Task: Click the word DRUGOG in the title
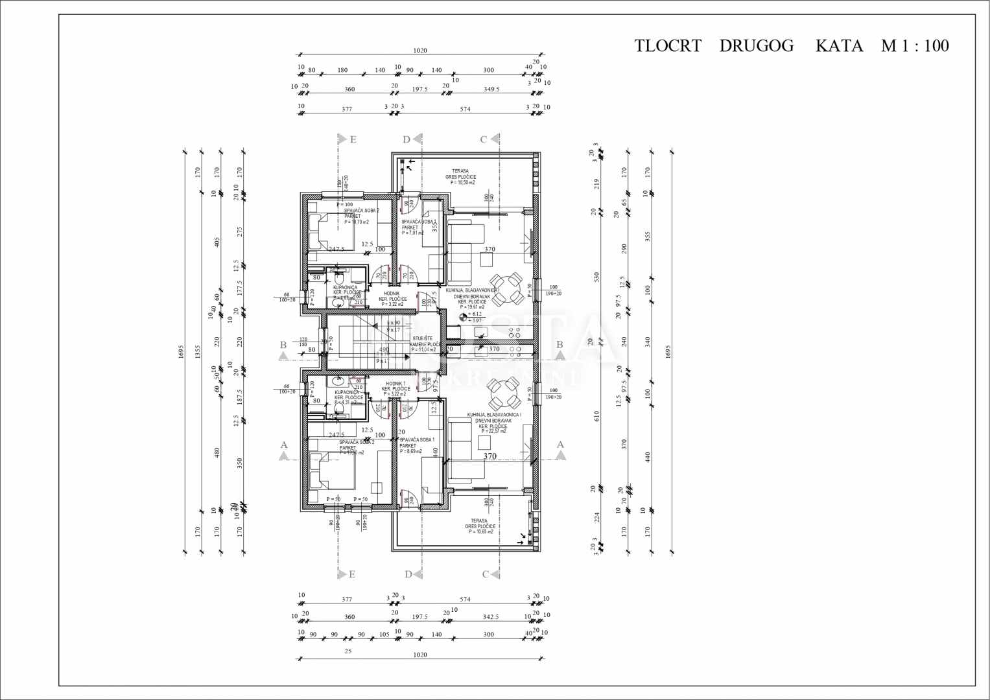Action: [756, 46]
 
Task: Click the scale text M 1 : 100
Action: [915, 46]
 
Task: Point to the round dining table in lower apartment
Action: [503, 391]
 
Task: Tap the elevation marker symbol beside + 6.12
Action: [462, 317]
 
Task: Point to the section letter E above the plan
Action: [353, 139]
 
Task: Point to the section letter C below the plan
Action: [485, 574]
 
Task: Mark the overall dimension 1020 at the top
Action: [419, 51]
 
